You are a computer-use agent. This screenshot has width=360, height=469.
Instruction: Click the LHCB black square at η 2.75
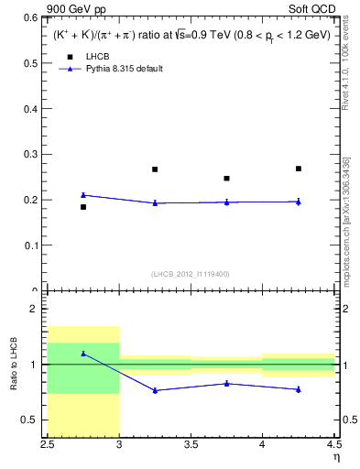(x=83, y=207)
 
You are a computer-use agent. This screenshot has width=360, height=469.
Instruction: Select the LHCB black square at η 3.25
(x=155, y=169)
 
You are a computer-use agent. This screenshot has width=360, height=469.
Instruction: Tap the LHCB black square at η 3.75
(x=226, y=179)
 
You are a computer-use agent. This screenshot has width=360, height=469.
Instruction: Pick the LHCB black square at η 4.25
(x=299, y=169)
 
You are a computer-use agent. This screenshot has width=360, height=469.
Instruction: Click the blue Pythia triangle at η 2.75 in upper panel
(x=83, y=194)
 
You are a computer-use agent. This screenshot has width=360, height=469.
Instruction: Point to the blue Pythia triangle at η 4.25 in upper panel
(x=299, y=202)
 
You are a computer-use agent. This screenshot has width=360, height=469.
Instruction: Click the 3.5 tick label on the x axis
(x=191, y=444)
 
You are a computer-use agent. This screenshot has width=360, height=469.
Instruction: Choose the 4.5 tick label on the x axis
(x=333, y=444)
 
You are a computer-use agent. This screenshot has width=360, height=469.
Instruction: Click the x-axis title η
(x=335, y=457)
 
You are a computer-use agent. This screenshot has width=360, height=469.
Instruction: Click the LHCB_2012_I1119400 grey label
(x=191, y=275)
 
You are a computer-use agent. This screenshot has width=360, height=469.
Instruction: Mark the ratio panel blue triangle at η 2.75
(x=83, y=354)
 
